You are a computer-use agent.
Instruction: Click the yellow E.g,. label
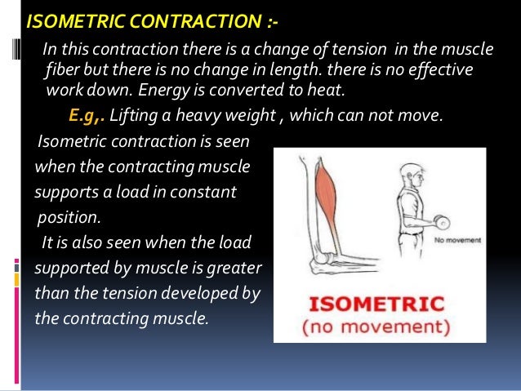coord(87,117)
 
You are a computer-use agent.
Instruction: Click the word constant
coord(204,193)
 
